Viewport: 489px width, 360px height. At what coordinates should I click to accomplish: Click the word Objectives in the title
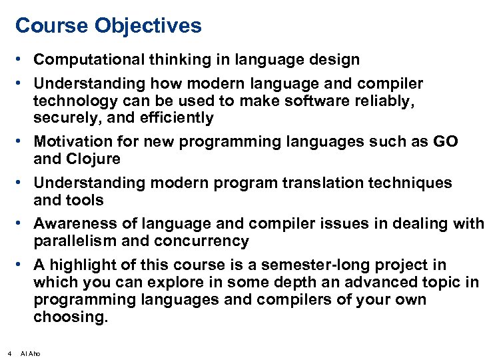click(x=147, y=26)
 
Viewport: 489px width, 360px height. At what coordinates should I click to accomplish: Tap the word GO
click(x=444, y=142)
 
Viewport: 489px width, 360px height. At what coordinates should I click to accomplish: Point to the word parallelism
click(x=75, y=241)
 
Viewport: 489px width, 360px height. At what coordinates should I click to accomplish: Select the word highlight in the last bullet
click(x=79, y=265)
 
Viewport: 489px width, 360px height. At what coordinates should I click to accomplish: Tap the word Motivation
click(x=71, y=142)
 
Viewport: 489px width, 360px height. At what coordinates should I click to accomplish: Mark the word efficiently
click(x=178, y=118)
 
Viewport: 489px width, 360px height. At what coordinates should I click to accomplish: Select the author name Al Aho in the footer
click(x=31, y=353)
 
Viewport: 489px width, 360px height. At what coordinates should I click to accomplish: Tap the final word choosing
click(x=70, y=317)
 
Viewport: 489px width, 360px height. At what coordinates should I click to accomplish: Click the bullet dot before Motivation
click(x=23, y=142)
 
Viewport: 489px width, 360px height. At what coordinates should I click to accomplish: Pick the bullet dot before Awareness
click(x=23, y=223)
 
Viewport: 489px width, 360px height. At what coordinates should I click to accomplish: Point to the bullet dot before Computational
click(x=23, y=59)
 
